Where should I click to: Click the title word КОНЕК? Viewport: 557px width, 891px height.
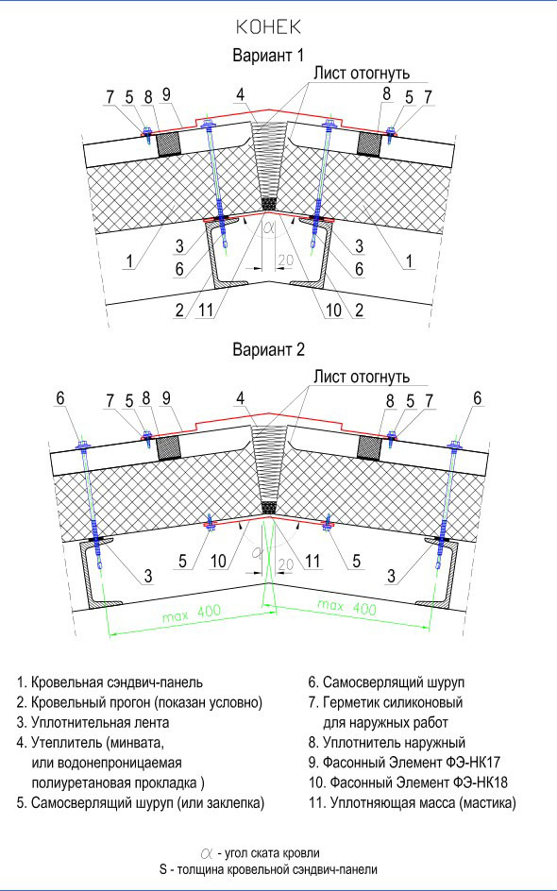click(268, 27)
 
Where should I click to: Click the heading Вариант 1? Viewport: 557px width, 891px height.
click(268, 56)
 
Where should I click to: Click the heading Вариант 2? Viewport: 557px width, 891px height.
click(268, 349)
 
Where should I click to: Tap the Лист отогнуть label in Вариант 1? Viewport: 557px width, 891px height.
click(362, 74)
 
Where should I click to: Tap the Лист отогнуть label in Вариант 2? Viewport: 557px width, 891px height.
click(362, 377)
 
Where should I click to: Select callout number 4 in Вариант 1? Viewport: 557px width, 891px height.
click(241, 94)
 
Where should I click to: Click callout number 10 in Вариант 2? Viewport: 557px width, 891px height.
click(218, 562)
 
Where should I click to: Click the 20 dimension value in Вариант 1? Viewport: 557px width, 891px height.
click(285, 261)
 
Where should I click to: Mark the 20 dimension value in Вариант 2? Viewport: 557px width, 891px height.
click(285, 563)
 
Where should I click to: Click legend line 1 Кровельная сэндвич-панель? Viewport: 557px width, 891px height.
click(110, 682)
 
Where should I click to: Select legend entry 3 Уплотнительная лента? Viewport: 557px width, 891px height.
click(93, 723)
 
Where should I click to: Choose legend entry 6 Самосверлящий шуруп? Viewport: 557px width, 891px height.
click(386, 682)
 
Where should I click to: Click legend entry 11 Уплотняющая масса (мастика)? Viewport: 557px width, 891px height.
click(413, 803)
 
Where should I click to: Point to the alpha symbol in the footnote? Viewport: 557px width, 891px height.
click(207, 853)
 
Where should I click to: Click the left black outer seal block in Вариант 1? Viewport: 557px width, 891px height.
click(169, 144)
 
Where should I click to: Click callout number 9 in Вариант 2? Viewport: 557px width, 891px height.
click(166, 398)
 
